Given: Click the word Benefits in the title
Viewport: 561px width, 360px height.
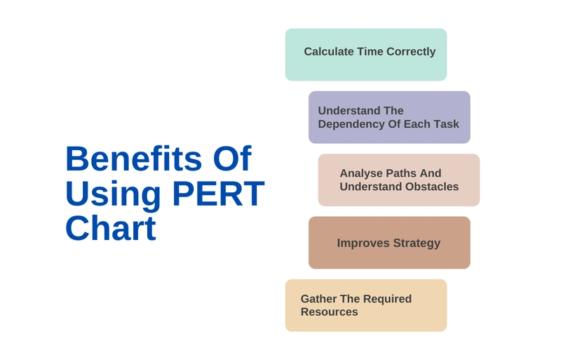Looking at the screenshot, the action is [134, 159].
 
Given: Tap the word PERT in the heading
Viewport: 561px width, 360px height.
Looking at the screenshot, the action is [219, 194].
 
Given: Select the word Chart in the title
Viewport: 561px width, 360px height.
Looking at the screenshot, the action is [111, 228].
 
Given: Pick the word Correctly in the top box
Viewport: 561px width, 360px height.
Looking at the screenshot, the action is [411, 52].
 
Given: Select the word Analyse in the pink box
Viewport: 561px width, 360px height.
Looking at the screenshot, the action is [361, 174].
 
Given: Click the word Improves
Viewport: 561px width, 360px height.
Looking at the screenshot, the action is [363, 244].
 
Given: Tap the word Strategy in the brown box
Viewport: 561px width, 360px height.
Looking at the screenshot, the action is [417, 244].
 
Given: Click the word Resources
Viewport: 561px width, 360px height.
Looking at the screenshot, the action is [329, 312].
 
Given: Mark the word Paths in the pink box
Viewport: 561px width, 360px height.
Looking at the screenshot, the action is [401, 173].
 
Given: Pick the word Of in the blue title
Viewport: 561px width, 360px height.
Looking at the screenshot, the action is [232, 159].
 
